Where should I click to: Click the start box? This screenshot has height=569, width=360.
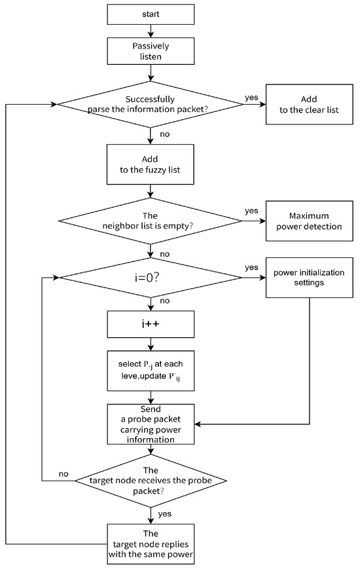click(x=151, y=14)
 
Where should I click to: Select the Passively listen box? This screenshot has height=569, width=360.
click(x=151, y=51)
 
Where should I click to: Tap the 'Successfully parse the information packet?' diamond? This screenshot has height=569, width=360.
click(x=151, y=105)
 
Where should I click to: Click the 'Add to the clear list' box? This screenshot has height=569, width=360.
click(x=309, y=105)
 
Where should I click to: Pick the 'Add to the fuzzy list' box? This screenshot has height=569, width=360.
click(x=151, y=164)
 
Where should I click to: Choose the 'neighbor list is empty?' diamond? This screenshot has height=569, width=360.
click(x=151, y=221)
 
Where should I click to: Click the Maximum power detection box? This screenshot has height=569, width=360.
click(x=309, y=221)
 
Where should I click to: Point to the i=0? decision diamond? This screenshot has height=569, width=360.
click(x=151, y=278)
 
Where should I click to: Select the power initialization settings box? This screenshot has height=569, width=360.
click(x=309, y=278)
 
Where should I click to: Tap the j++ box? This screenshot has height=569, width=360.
click(x=151, y=324)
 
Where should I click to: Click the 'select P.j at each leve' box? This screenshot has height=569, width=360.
click(x=151, y=371)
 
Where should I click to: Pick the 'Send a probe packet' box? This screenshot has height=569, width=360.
click(x=151, y=424)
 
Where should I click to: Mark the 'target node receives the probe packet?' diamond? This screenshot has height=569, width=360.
click(x=151, y=481)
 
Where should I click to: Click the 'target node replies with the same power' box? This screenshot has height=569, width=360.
click(x=151, y=544)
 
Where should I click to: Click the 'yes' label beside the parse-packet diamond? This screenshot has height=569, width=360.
click(x=251, y=98)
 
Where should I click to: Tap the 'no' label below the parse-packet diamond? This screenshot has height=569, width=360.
click(x=165, y=134)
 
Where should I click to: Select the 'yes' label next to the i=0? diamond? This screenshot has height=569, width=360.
click(x=251, y=267)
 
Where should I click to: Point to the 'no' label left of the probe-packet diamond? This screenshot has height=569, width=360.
click(x=63, y=474)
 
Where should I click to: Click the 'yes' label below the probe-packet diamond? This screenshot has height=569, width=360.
click(x=165, y=514)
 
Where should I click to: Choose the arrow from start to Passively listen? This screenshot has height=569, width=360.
click(x=151, y=31)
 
